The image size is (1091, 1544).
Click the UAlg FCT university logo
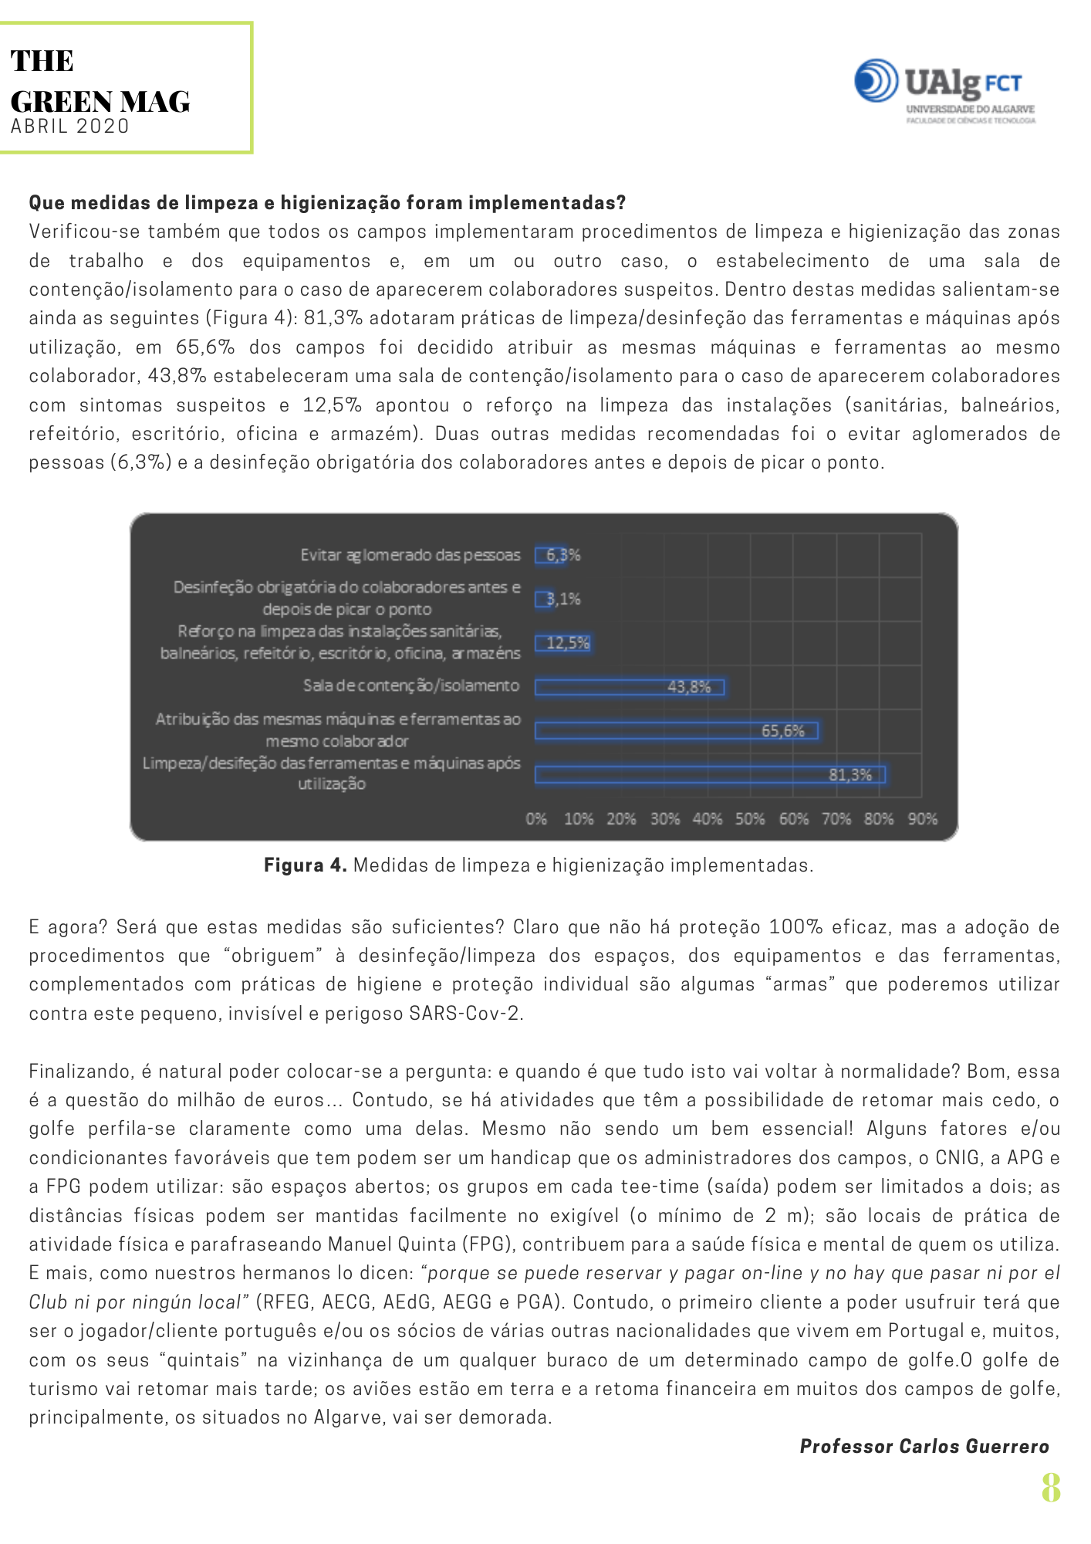click(944, 90)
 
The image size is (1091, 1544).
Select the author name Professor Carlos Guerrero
click(924, 1446)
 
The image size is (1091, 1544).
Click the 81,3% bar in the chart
click(710, 774)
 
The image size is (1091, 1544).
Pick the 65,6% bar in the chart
click(677, 730)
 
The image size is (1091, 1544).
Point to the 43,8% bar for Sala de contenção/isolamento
click(630, 686)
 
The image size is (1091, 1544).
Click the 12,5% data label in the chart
click(568, 642)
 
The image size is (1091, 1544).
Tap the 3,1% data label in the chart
click(564, 599)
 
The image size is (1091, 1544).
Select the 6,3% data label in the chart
click(563, 554)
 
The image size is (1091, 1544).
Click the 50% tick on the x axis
click(750, 818)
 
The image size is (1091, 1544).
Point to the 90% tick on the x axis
click(923, 818)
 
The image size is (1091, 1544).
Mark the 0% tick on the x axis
click(536, 818)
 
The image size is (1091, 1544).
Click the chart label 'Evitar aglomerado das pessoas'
click(410, 555)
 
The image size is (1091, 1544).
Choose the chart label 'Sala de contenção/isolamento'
click(411, 686)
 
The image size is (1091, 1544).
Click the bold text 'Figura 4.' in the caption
click(306, 865)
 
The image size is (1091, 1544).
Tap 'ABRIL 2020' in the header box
click(70, 126)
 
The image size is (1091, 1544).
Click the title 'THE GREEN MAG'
click(100, 81)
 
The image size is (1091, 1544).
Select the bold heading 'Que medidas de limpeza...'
click(327, 202)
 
